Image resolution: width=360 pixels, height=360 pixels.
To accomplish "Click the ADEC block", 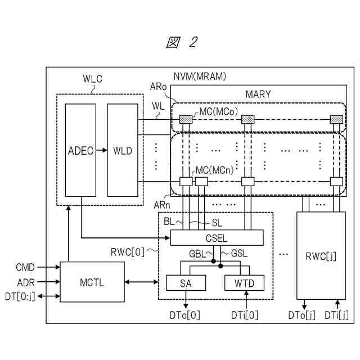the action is pos(80,150).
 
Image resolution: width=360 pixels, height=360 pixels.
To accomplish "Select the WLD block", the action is pos(123,150).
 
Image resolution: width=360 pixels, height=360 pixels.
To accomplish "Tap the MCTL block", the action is pos(92,282).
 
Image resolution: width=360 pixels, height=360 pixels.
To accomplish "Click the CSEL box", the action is pos(217,237).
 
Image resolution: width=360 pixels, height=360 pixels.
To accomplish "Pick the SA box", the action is pos(186,283).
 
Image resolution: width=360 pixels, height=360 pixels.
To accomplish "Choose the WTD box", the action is pos(244,283).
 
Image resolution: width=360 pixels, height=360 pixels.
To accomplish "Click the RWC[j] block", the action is pos(321,255).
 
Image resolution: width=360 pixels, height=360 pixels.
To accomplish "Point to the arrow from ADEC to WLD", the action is pos(101,150).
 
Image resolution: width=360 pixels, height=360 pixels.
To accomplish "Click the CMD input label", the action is pos(25,267).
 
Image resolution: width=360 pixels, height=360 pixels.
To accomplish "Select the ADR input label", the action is pos(26,282).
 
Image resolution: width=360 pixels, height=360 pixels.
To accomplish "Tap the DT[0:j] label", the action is pos(20,296).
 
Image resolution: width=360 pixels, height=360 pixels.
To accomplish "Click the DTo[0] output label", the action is pos(185,315).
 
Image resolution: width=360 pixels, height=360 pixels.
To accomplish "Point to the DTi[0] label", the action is pos(245,315).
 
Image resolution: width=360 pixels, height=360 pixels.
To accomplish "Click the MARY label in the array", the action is pos(258,94).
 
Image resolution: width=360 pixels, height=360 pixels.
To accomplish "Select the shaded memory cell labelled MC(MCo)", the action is pos(186,119).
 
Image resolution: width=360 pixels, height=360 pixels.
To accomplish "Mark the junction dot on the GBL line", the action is pos(214,261).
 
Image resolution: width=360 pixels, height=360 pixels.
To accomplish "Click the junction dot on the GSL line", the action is pos(220,266).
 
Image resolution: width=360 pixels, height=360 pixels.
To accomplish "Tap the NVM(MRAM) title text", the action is pos(200,76).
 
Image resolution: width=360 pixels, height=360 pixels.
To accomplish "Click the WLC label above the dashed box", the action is pos(92,79).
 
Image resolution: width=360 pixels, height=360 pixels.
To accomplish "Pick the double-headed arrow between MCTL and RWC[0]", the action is pos(141,282).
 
